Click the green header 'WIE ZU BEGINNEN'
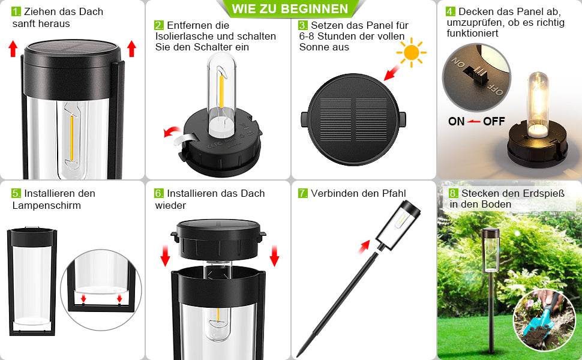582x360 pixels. tap(290, 9)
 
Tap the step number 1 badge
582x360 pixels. tap(16, 12)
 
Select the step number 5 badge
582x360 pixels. tap(16, 194)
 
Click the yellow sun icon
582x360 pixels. tap(412, 53)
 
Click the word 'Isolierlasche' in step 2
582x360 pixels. tap(183, 36)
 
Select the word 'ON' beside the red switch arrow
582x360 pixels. tap(457, 121)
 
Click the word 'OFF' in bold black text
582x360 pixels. tap(494, 121)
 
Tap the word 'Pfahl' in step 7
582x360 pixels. tap(394, 193)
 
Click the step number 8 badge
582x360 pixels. tap(454, 193)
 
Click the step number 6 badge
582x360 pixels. tap(159, 194)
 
